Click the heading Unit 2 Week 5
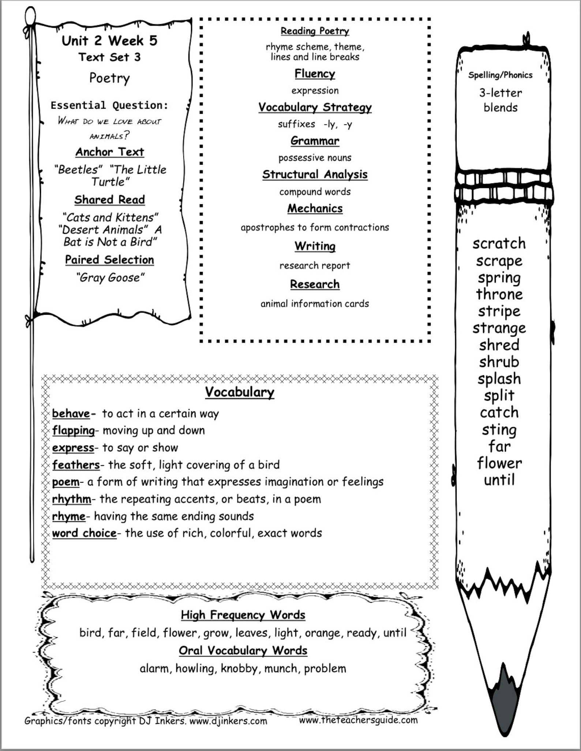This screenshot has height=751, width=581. pyautogui.click(x=109, y=41)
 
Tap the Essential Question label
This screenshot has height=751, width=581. pyautogui.click(x=109, y=105)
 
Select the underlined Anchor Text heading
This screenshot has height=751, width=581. pyautogui.click(x=109, y=152)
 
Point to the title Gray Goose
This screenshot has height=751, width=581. pyautogui.click(x=110, y=277)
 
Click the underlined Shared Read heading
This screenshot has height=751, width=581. pyautogui.click(x=109, y=200)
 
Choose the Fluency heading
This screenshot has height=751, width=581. pyautogui.click(x=315, y=74)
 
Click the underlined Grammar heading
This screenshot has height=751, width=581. pyautogui.click(x=315, y=141)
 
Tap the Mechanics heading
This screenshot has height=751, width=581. pyautogui.click(x=315, y=209)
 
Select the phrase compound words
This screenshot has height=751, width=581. pyautogui.click(x=315, y=192)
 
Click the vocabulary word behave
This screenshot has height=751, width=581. pyautogui.click(x=71, y=414)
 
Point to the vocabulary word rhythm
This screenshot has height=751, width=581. pyautogui.click(x=72, y=499)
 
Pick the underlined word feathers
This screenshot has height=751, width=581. pyautogui.click(x=76, y=465)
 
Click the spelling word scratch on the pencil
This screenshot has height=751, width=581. pyautogui.click(x=499, y=244)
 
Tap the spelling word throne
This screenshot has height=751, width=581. pyautogui.click(x=499, y=295)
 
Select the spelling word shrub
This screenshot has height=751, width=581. pyautogui.click(x=499, y=362)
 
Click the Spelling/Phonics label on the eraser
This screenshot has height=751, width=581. pyautogui.click(x=500, y=75)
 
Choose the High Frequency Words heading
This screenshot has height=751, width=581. pyautogui.click(x=243, y=615)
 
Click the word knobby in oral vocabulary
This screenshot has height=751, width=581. pyautogui.click(x=239, y=668)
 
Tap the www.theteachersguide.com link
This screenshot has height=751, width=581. pyautogui.click(x=358, y=720)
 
